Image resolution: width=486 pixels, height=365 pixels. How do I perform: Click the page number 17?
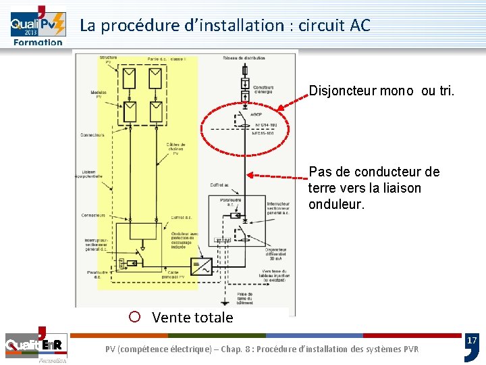point(472,340)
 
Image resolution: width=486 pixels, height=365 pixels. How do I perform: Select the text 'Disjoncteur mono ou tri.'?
point(381,91)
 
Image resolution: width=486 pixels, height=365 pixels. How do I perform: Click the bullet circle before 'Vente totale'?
point(134,316)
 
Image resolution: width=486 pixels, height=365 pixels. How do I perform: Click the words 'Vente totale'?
point(192,317)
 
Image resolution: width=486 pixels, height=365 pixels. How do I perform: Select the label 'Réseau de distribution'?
point(244,57)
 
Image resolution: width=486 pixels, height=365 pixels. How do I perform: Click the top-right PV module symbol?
point(155,80)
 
